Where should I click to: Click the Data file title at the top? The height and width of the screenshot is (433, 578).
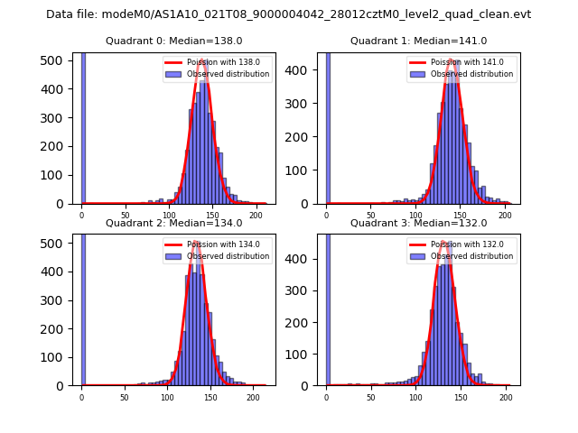288,14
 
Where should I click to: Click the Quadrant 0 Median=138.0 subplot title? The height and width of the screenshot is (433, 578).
174,41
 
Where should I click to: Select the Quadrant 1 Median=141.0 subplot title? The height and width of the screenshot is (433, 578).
418,41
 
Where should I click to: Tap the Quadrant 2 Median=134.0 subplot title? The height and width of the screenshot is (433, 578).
174,223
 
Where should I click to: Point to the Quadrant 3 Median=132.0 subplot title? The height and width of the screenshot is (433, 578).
418,223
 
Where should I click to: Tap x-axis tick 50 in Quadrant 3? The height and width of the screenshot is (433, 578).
371,397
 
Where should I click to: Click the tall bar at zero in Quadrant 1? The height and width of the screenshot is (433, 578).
328,126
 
